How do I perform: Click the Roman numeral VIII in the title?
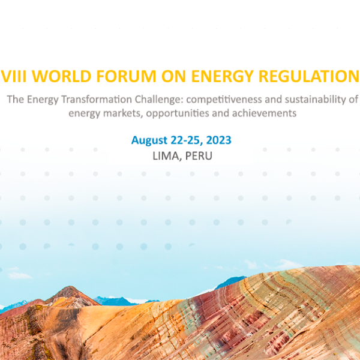[14, 76]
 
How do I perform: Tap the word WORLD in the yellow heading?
[62, 76]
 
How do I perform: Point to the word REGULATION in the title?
[309, 76]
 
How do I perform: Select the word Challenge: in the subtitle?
[159, 100]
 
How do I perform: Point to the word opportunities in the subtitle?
[178, 114]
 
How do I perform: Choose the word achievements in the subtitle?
[264, 113]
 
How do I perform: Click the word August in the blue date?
[149, 140]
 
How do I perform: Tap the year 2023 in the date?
[218, 140]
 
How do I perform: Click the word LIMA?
[166, 156]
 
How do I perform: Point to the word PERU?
[199, 156]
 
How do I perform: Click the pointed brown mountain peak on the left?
[70, 287]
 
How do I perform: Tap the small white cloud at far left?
[20, 275]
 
